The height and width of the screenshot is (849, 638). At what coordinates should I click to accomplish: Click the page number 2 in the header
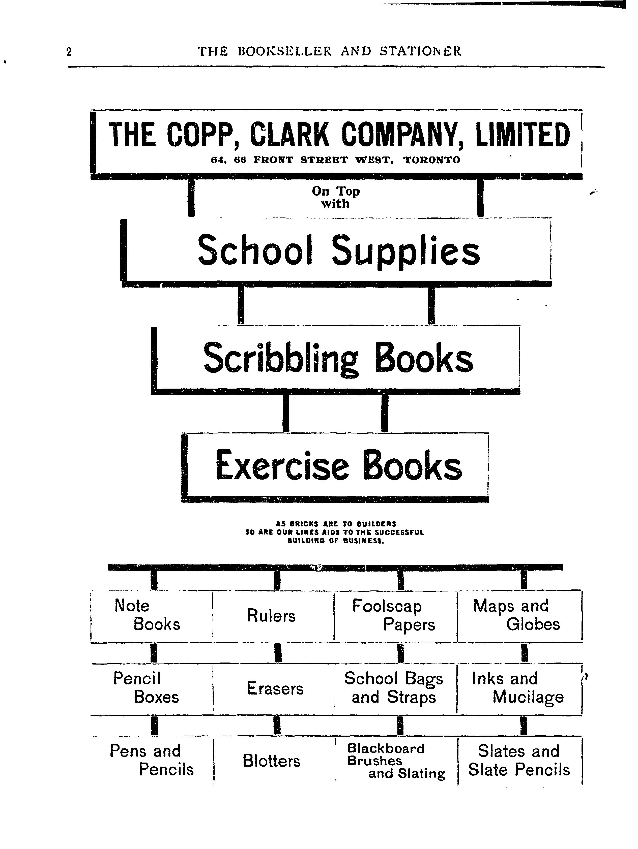point(69,51)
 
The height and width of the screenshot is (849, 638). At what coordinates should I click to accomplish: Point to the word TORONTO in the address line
point(432,160)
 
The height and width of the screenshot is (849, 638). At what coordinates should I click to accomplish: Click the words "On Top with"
point(336,197)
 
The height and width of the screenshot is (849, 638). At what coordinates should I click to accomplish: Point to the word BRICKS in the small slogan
point(304,523)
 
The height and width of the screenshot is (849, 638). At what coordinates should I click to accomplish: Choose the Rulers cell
point(273,616)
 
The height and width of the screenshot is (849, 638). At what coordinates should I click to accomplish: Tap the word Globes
point(533,624)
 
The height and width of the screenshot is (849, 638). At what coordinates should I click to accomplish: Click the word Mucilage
point(528,697)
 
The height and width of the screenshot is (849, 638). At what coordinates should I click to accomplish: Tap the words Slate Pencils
point(519,770)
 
